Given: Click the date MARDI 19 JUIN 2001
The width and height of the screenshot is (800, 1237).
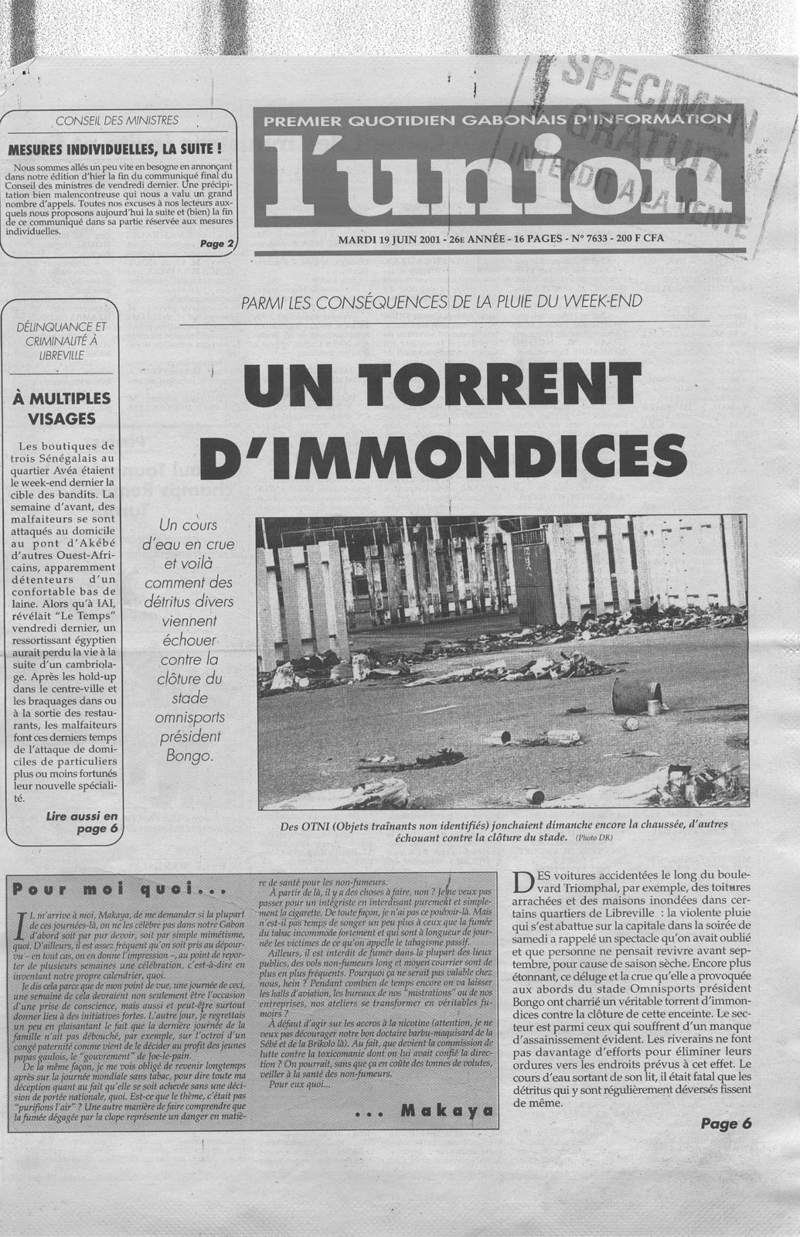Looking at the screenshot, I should [x=389, y=239].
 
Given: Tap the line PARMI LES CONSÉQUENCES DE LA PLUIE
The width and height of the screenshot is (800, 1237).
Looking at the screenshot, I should [x=441, y=301].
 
